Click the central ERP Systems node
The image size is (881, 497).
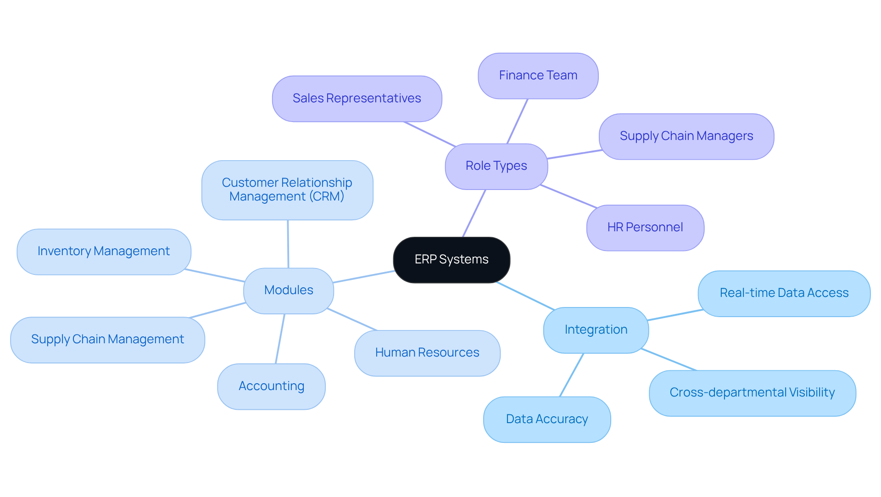coord(452,260)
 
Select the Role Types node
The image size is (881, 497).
coord(496,166)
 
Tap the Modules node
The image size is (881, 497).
coord(288,290)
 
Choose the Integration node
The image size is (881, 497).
coord(596,330)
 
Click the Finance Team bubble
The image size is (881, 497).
coord(538,76)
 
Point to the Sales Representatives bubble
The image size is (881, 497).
coord(357,99)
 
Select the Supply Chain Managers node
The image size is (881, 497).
coord(686,136)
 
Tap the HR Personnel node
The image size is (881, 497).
coord(645,228)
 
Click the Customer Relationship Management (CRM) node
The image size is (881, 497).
coord(287,190)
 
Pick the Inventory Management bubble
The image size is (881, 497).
coord(104,251)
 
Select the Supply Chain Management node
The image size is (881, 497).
coord(107,340)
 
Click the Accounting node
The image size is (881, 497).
coord(271,386)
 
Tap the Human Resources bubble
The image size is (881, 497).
coord(427,353)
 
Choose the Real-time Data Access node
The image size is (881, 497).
coord(784,293)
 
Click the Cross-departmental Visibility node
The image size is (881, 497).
coord(752,393)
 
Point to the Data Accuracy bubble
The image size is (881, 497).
coord(546,419)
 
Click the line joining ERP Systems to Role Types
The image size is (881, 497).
coord(474,213)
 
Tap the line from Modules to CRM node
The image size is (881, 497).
coord(288,244)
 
